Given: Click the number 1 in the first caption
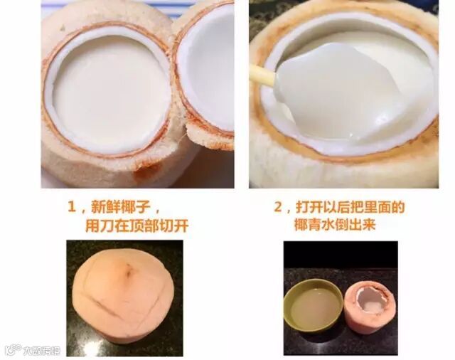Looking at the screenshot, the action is (x=72, y=207).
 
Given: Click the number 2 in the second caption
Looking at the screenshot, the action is (x=278, y=207).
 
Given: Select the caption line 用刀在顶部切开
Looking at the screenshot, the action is (x=137, y=226).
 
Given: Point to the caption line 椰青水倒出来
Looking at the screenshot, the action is (x=335, y=225).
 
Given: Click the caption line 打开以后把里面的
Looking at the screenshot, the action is (x=350, y=207).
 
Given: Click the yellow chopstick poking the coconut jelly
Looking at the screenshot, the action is (x=262, y=75).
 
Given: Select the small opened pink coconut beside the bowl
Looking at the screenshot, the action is (x=370, y=308).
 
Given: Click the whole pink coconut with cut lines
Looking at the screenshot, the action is (x=124, y=300).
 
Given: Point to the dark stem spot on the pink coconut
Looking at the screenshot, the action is (x=128, y=271).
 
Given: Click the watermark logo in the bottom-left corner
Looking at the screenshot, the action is (x=33, y=350).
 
